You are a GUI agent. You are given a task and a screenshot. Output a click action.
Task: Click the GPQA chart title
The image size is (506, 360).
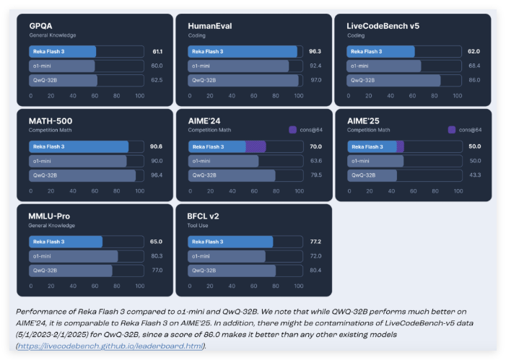tap(42, 26)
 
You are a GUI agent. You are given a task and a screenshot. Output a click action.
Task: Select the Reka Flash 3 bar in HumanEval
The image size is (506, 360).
tap(243, 52)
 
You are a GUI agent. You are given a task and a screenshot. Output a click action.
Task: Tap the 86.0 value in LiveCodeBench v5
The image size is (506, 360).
tap(474, 80)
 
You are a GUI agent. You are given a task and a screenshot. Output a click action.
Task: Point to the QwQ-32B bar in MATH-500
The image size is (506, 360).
tap(82, 175)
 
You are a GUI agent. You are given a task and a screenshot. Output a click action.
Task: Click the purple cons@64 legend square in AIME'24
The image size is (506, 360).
tap(292, 130)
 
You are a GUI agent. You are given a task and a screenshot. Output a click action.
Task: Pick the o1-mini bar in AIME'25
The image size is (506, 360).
tap(375, 161)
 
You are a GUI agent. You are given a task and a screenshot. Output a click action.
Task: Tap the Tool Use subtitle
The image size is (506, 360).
tap(199, 225)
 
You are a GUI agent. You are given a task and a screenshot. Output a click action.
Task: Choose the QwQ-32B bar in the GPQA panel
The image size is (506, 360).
tap(63, 80)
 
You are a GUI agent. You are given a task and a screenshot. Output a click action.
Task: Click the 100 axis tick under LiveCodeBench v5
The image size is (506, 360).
tap(455, 95)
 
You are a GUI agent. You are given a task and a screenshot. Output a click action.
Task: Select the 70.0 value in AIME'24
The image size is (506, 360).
tap(315, 146)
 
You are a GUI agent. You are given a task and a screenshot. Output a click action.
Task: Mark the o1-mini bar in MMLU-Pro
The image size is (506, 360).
tap(73, 256)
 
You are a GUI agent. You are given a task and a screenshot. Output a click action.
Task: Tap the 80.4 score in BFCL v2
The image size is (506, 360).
tap(315, 271)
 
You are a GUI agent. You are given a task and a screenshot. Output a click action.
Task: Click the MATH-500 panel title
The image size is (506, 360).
tap(51, 121)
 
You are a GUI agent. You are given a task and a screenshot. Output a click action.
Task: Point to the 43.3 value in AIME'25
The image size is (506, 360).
tap(474, 175)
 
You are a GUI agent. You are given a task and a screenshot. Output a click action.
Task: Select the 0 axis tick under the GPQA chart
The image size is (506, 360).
tap(30, 95)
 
